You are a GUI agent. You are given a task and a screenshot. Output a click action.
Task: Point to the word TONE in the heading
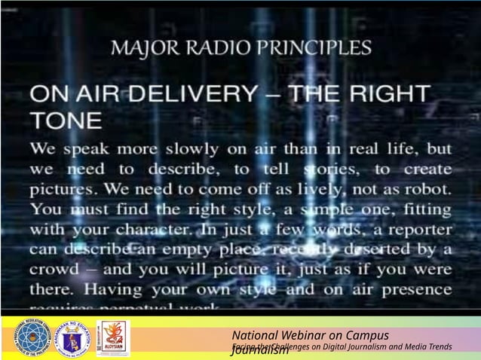66,121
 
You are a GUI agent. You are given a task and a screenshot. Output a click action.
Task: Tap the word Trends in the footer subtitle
437,346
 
